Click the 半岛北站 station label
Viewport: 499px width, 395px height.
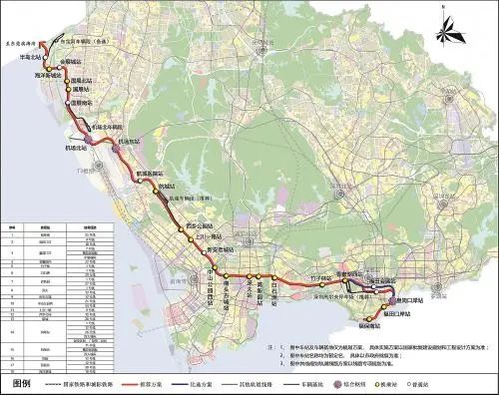(x=34, y=59)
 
